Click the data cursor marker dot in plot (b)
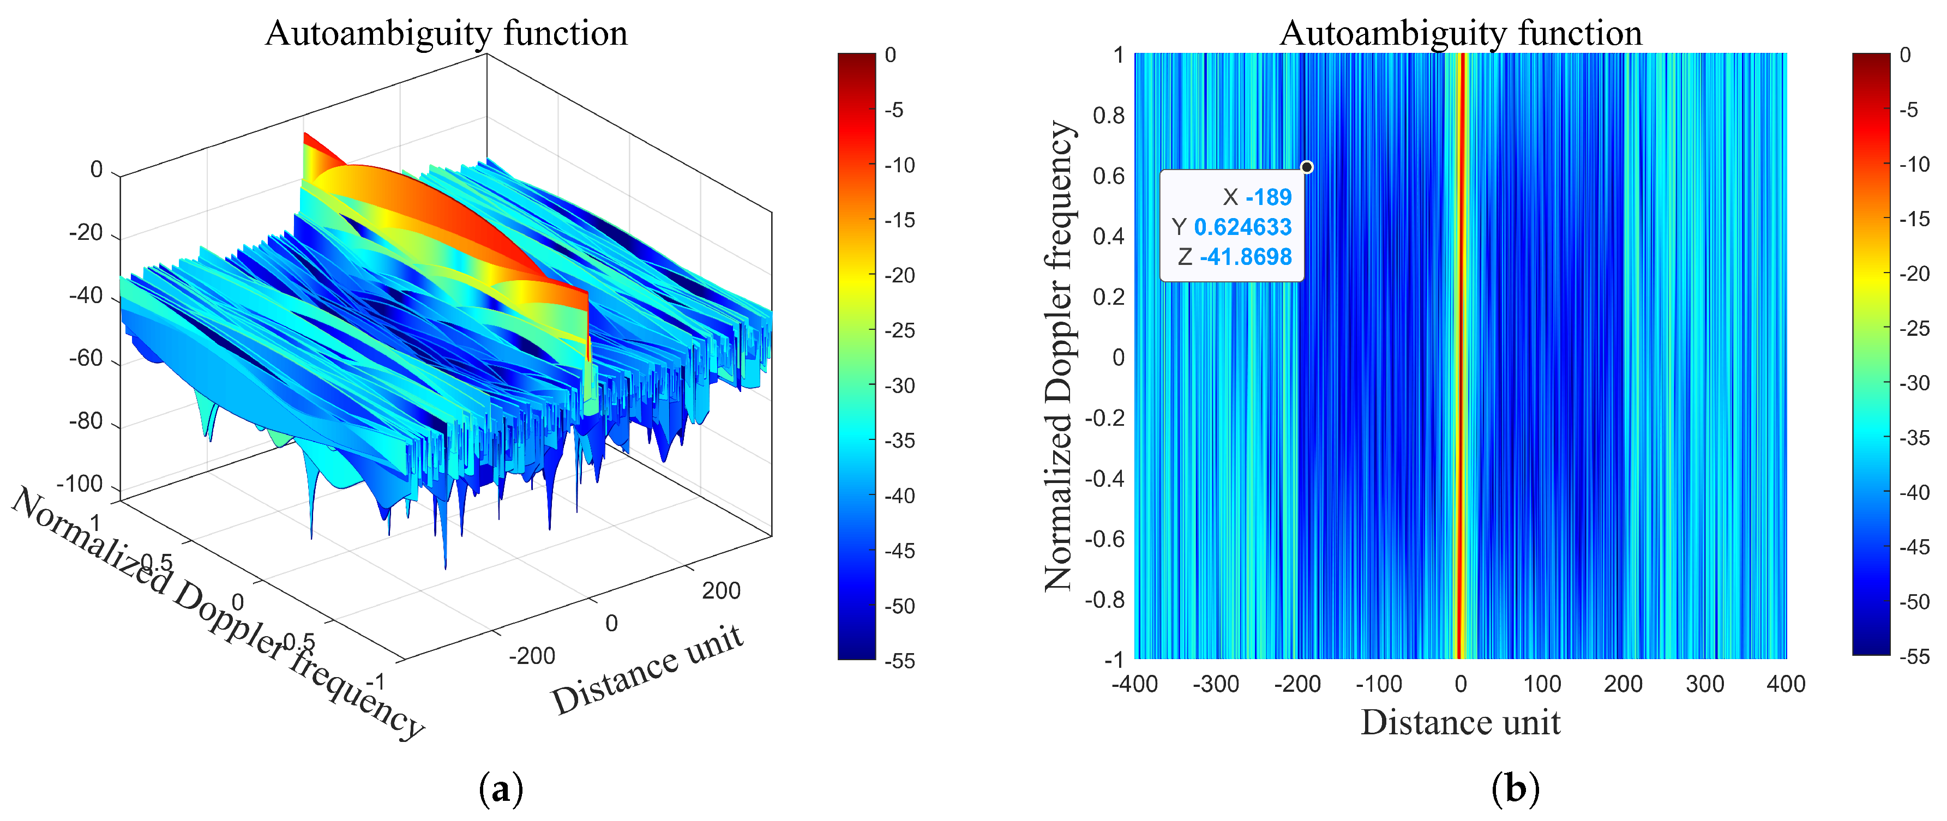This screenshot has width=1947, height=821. [1306, 167]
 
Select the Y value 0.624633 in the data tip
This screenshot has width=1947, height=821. [1242, 227]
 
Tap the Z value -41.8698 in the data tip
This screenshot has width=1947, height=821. [1246, 257]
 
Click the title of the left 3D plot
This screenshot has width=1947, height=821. [446, 33]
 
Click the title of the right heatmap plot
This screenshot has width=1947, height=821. [1461, 33]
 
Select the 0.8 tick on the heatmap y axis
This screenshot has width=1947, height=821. [1108, 116]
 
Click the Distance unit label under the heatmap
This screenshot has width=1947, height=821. [1461, 723]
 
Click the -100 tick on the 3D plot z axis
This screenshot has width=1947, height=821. [80, 484]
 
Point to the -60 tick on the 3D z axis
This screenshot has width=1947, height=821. [86, 358]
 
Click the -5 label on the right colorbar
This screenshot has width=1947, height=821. [1909, 110]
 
